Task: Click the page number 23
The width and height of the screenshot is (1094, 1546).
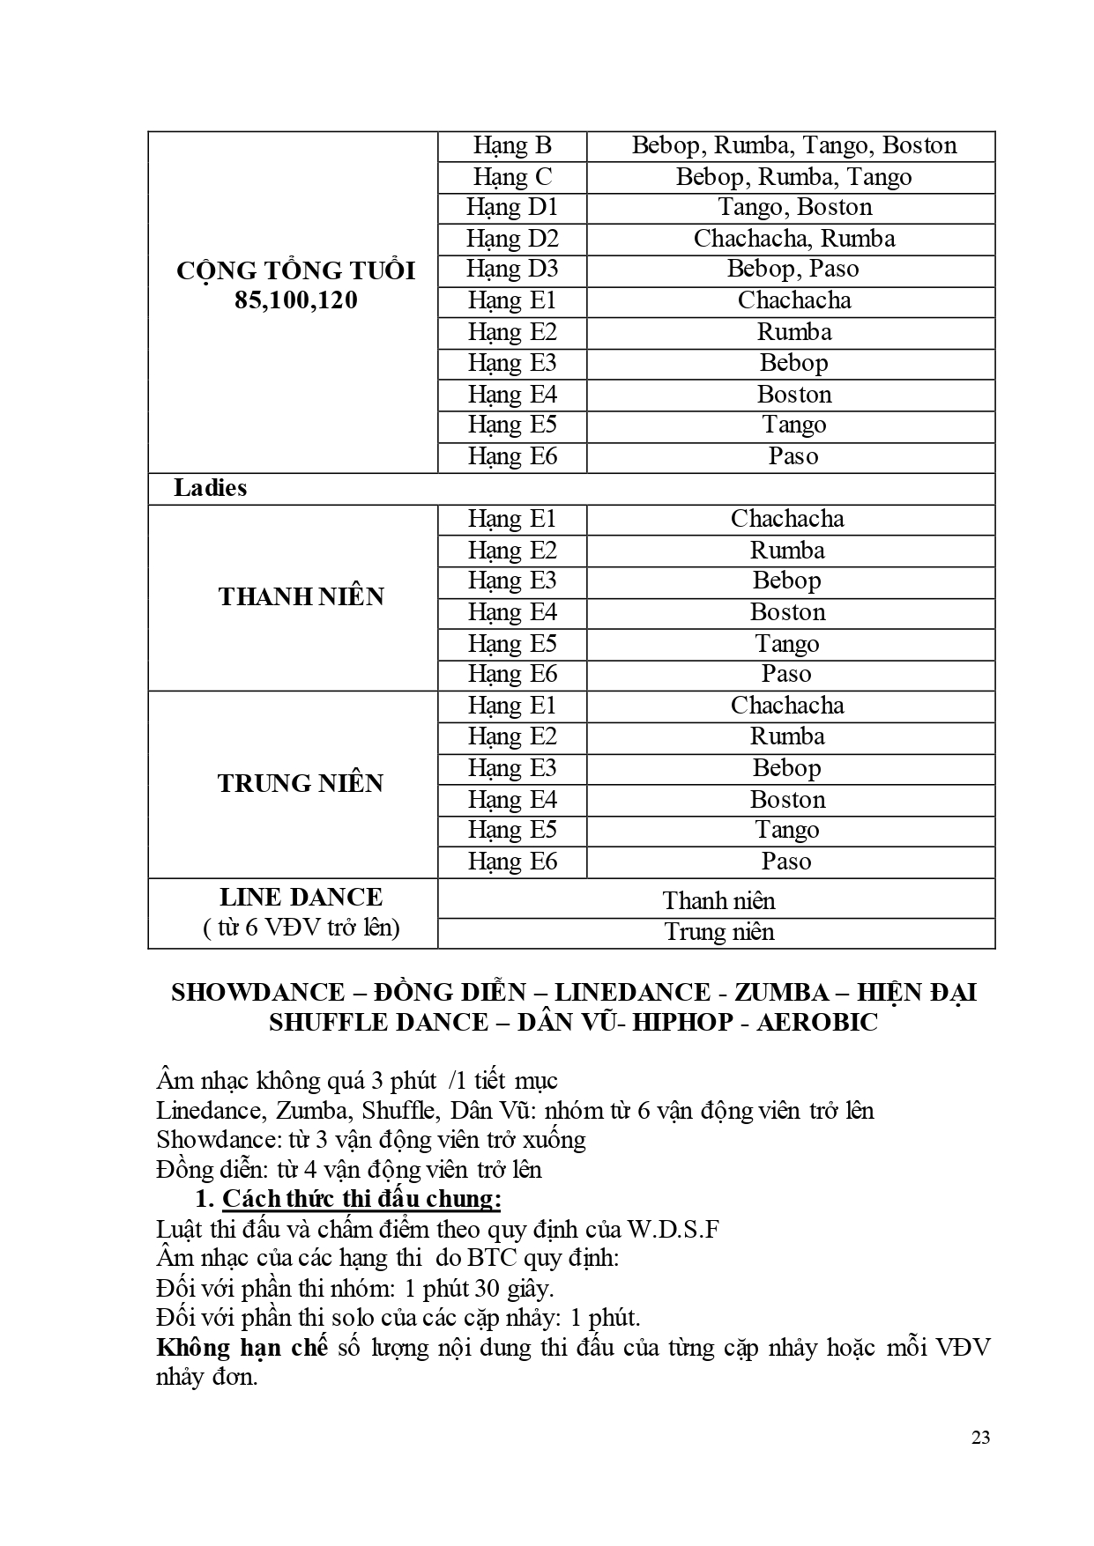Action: tap(980, 1438)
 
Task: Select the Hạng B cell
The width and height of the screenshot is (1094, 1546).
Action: tap(512, 145)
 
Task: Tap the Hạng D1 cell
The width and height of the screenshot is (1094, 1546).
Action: tap(512, 208)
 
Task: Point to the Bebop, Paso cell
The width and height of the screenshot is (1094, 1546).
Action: tap(793, 270)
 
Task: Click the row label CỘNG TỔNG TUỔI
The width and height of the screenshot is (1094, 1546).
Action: tap(295, 270)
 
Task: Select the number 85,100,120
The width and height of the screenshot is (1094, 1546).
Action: tap(296, 300)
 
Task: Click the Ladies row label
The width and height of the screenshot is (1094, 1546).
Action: tap(210, 488)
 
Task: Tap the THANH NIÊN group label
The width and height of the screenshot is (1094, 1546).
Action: tap(301, 596)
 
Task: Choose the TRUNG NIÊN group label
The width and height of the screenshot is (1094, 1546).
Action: tap(300, 783)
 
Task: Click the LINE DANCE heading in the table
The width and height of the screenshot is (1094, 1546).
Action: tap(301, 898)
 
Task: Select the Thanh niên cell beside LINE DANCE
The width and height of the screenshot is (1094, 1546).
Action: tap(718, 901)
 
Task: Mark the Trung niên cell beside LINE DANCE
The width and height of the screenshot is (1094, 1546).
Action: tap(718, 932)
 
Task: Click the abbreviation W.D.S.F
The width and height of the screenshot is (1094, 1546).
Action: tap(673, 1229)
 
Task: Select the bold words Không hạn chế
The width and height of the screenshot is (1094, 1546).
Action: tap(242, 1348)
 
